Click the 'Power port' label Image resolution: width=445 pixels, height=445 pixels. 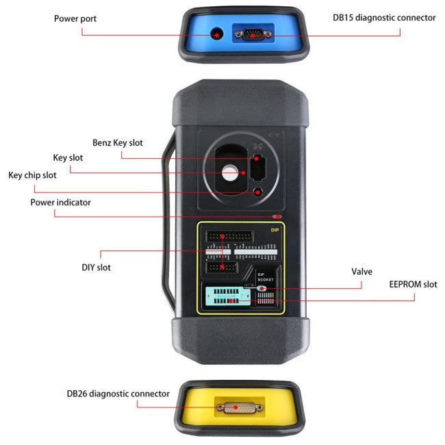coord(75,18)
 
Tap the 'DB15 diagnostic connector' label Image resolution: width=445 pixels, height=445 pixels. coord(384,18)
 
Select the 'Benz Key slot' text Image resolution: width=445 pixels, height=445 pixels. coord(118,142)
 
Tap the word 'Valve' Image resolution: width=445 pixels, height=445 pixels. coord(361,272)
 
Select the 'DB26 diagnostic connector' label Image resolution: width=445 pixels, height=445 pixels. coord(118,393)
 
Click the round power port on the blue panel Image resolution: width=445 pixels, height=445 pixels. coord(218,34)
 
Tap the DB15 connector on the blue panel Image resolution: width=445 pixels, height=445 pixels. coord(253,34)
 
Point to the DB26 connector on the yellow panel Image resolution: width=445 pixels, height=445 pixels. coord(237,408)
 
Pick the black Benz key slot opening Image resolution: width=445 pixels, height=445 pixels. coord(258,166)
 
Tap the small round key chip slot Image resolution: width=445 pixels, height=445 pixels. coord(258,192)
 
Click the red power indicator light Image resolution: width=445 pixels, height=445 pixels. coord(276,216)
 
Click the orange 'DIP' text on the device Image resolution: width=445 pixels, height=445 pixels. coord(275,231)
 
